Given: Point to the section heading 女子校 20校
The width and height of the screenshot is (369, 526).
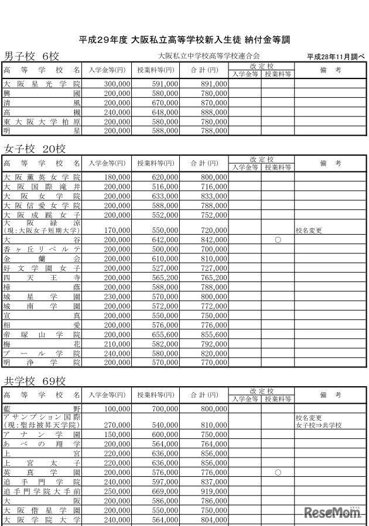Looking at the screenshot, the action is [x=35, y=149].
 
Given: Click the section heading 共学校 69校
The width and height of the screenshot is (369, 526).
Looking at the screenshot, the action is [x=35, y=381].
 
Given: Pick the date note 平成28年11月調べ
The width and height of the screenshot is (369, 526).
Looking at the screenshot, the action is [x=335, y=57].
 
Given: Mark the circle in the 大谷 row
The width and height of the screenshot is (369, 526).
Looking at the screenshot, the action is [x=278, y=240].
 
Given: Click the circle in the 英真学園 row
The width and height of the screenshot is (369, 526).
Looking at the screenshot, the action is [x=278, y=472].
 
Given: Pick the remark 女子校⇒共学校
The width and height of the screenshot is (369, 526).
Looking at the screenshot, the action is [x=319, y=425].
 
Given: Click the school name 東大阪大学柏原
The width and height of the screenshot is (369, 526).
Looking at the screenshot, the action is [x=42, y=122].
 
